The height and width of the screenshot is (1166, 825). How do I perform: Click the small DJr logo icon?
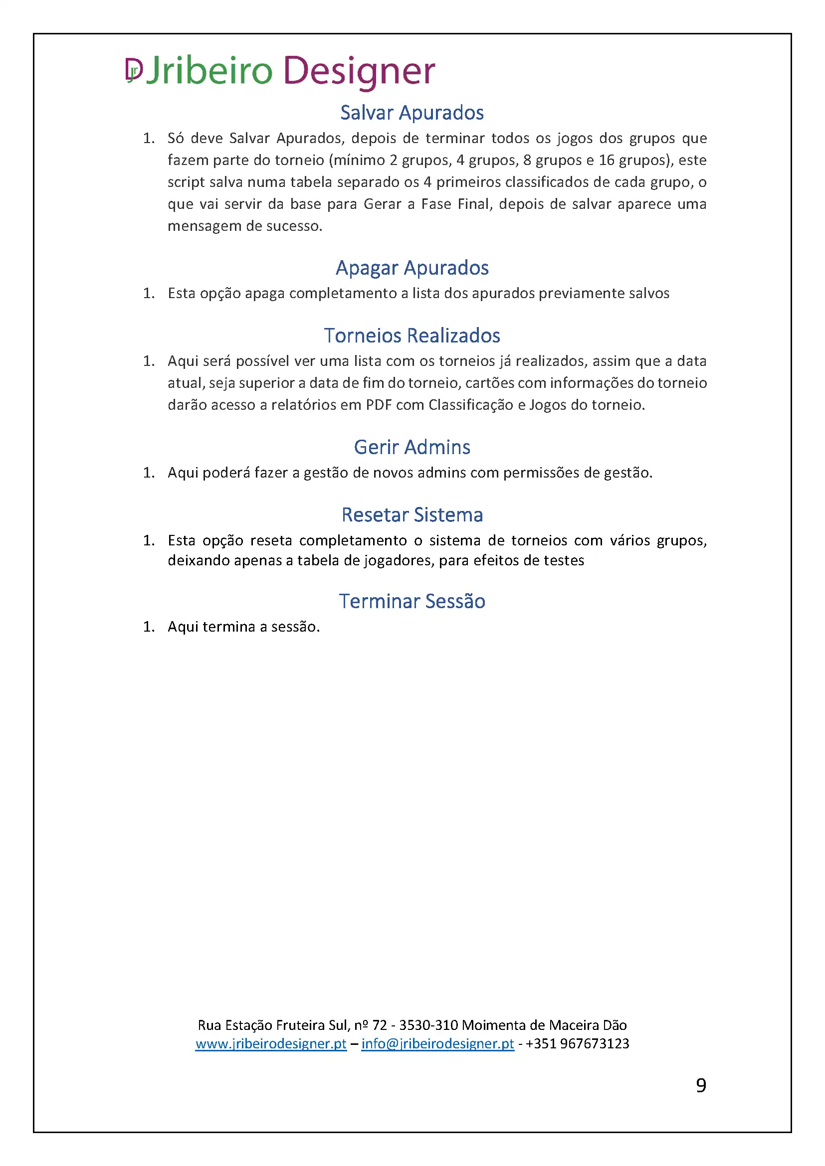134,70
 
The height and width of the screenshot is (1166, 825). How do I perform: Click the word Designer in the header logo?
359,70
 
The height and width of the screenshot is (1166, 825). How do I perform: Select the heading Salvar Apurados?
412,113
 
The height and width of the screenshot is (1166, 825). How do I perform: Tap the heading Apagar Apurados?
412,268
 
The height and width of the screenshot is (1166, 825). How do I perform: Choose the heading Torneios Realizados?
412,335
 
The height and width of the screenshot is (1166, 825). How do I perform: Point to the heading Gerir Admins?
412,447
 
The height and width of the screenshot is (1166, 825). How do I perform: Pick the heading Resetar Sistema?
412,515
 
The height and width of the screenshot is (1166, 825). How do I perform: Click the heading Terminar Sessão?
412,601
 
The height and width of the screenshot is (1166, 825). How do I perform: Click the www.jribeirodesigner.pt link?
271,1043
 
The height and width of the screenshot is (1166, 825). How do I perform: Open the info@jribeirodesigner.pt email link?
437,1043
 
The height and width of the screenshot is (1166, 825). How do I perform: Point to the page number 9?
701,1085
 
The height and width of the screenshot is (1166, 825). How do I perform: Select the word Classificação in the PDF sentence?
471,405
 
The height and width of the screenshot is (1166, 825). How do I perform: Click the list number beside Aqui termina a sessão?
148,627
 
